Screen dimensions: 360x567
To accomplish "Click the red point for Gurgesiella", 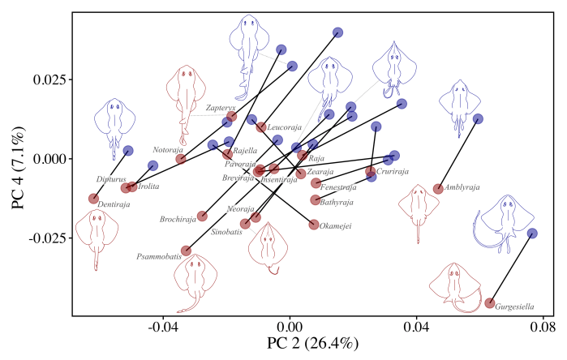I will coord(490,303).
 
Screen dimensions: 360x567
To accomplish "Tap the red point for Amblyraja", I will coord(439,189).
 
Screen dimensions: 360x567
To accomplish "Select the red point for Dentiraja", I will coord(94,199).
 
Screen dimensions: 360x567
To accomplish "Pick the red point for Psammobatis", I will coord(186,251).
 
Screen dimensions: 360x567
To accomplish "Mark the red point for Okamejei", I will coord(314,225).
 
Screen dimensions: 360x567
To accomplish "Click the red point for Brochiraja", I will coord(202,216).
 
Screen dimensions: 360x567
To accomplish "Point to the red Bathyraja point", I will coord(316,200).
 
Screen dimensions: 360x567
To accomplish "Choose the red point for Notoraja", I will coord(181,159).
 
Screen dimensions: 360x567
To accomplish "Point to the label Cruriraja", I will coord(393,172).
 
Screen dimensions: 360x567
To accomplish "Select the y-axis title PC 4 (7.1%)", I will coord(18,165).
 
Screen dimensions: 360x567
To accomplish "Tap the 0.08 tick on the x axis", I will coord(543,327).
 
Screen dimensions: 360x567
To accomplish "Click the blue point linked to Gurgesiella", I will coord(533,234).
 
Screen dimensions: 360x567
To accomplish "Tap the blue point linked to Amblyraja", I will coord(479,119).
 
